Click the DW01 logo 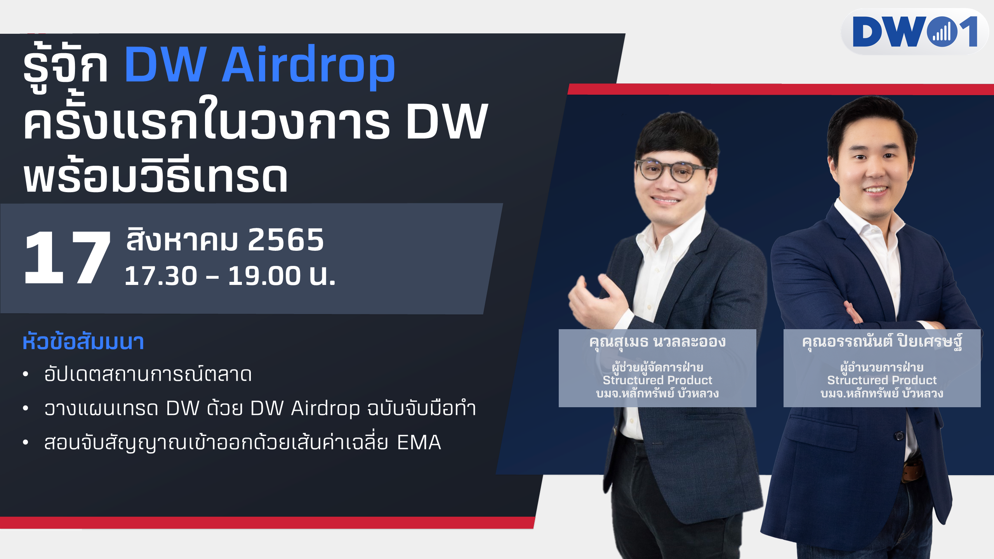tap(915, 31)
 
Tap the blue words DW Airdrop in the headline tap(259, 64)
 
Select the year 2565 tap(286, 240)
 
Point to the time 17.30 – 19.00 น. tap(230, 276)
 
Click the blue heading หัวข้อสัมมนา tap(83, 342)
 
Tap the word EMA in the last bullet tap(419, 443)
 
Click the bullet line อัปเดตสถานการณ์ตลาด tap(148, 373)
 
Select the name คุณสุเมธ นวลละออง tap(657, 342)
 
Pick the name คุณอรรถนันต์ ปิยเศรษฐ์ tap(882, 342)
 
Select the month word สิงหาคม tap(182, 240)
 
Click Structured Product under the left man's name tap(657, 380)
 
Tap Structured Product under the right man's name tap(882, 380)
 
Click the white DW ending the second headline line tap(447, 122)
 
